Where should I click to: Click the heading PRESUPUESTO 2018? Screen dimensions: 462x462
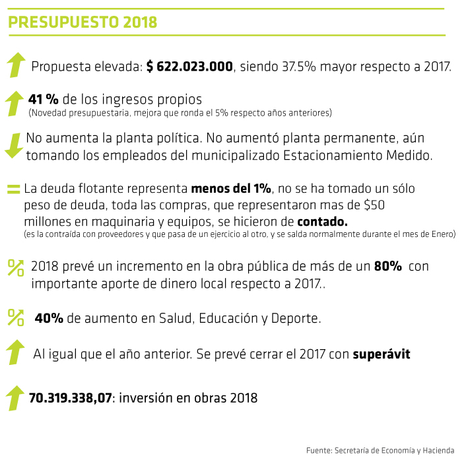pos(82,22)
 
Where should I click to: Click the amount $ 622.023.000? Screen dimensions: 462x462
pos(189,67)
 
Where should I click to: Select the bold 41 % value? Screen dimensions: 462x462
pos(44,99)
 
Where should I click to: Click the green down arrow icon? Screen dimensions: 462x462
pos(13,145)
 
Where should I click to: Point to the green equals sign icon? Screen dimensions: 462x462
pos(13,189)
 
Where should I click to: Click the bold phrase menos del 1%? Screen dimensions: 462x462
pos(231,188)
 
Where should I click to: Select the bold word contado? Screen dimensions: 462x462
pos(322,220)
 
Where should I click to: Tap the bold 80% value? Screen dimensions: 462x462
pos(387,267)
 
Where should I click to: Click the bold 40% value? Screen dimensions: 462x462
pos(49,318)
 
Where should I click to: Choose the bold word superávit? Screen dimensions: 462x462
pos(381,354)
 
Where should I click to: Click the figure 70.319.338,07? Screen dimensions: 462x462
pos(71,398)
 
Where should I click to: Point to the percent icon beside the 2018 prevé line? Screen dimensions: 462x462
pos(15,267)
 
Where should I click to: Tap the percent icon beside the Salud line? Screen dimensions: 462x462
pos(15,317)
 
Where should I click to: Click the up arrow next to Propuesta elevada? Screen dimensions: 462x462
pos(15,65)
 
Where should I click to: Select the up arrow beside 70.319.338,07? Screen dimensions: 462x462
pos(15,398)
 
